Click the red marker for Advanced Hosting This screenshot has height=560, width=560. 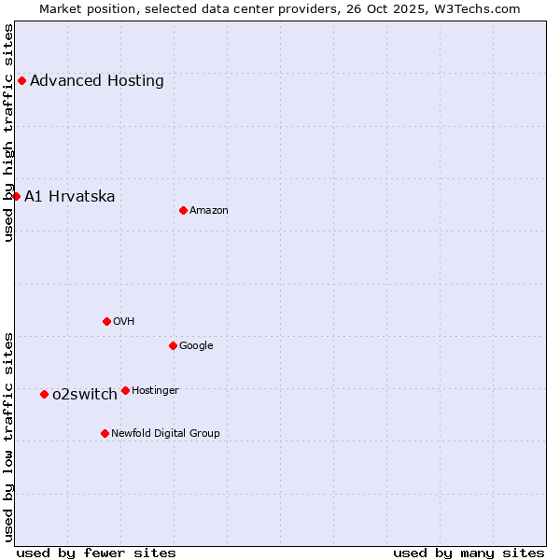pyautogui.click(x=21, y=80)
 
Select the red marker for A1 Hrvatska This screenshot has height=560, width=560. pyautogui.click(x=16, y=196)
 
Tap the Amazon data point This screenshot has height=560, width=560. pyautogui.click(x=183, y=210)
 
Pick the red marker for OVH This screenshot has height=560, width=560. pyautogui.click(x=106, y=321)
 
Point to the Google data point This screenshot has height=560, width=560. pyautogui.click(x=173, y=345)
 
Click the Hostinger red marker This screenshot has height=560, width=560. pyautogui.click(x=125, y=390)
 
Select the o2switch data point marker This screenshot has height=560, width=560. pyautogui.click(x=44, y=394)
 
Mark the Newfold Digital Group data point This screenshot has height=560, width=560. pyautogui.click(x=105, y=433)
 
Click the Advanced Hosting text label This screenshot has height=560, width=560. pyautogui.click(x=97, y=80)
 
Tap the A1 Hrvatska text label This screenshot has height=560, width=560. pyautogui.click(x=70, y=196)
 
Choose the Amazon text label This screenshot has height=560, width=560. pyautogui.click(x=209, y=211)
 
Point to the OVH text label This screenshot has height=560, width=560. pyautogui.click(x=124, y=322)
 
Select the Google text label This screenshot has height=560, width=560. pyautogui.click(x=196, y=346)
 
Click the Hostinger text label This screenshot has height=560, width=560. pyautogui.click(x=155, y=390)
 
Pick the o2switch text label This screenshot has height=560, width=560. pyautogui.click(x=85, y=394)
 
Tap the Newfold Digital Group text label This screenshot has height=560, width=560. pyautogui.click(x=165, y=433)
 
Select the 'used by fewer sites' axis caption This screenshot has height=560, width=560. pyautogui.click(x=96, y=553)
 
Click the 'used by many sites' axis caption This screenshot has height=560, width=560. pyautogui.click(x=469, y=553)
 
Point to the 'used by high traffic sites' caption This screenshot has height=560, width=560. pyautogui.click(x=8, y=133)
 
